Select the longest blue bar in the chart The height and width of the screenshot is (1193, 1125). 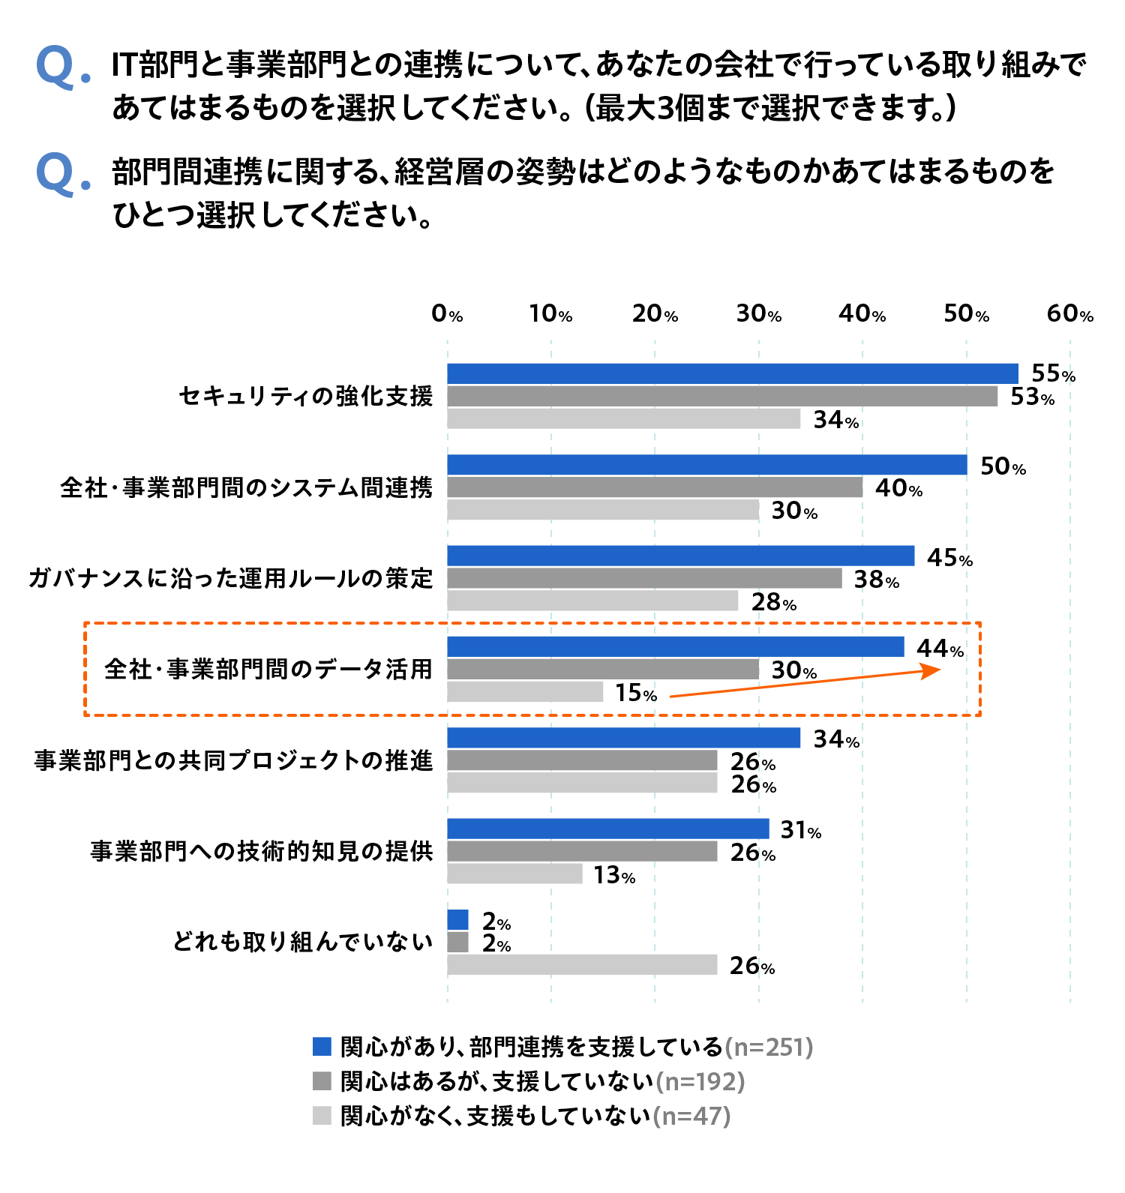coord(732,373)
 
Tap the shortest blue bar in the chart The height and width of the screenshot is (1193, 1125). coord(457,919)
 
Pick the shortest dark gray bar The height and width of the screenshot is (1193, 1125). coord(457,942)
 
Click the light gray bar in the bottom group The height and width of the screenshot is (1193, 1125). coord(582,964)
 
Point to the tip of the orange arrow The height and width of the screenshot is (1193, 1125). coord(940,669)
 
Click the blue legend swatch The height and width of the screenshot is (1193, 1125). coord(322,1046)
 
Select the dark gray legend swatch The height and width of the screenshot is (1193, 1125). coord(322,1081)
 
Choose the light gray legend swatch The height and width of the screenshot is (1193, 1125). coord(322,1115)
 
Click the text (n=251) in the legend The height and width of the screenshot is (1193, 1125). coord(769,1047)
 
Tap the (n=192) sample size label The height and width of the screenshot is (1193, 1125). coord(700,1081)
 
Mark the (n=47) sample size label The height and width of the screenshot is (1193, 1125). coord(691,1116)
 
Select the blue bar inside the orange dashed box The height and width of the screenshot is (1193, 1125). coord(675,646)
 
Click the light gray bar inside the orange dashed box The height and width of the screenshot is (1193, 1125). coord(525,691)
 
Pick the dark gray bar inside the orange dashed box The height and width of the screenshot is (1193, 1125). coord(603,669)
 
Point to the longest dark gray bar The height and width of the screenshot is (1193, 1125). coord(722,396)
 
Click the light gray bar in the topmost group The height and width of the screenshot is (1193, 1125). coord(624,418)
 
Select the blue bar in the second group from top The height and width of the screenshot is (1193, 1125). coord(706,465)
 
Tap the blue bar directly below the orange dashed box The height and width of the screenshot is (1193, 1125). coord(624,738)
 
